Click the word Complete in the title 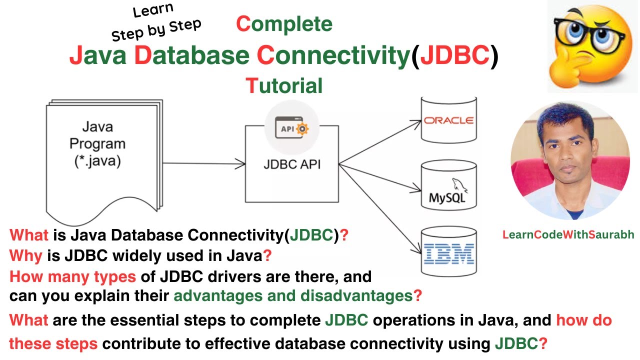(x=284, y=24)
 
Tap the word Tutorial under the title (x=284, y=86)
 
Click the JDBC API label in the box (x=292, y=164)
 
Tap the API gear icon (x=292, y=129)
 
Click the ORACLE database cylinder (x=448, y=120)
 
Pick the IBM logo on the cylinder (x=448, y=254)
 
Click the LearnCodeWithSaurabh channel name (x=568, y=234)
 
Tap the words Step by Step (x=156, y=29)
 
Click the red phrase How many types (x=72, y=276)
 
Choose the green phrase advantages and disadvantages (x=293, y=296)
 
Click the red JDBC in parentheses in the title (x=454, y=56)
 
